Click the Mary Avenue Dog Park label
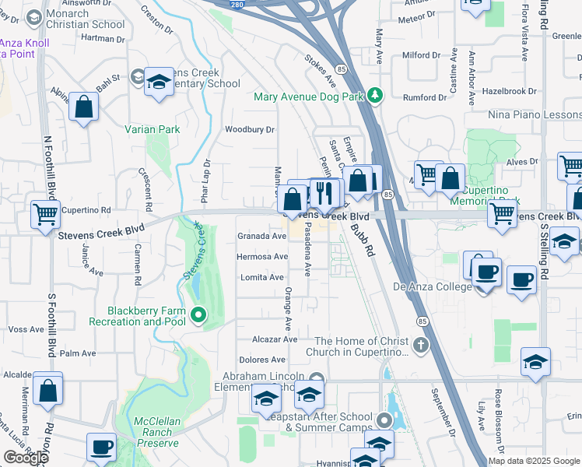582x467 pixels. (x=309, y=97)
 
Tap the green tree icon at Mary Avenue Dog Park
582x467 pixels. (x=376, y=95)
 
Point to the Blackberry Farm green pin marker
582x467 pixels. (x=198, y=315)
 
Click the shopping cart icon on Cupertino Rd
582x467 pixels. (x=45, y=213)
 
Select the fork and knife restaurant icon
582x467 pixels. (x=324, y=191)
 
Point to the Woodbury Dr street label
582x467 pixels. (x=250, y=129)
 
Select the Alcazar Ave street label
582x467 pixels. (x=275, y=339)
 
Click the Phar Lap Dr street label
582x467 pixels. (x=207, y=181)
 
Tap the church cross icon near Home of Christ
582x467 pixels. (x=420, y=344)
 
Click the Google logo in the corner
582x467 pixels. (x=26, y=458)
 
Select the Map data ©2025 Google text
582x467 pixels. (x=535, y=461)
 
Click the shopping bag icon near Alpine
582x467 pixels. (x=83, y=107)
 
